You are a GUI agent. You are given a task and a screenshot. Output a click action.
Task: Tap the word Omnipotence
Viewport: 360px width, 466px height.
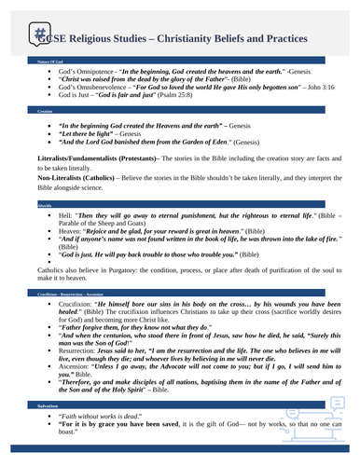(90, 71)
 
